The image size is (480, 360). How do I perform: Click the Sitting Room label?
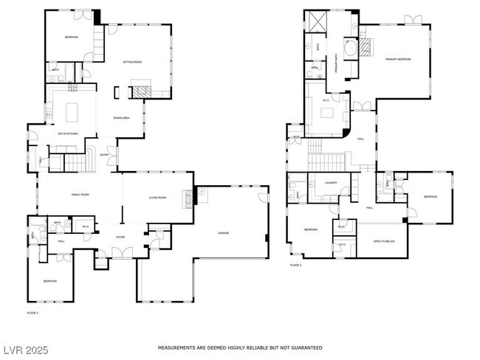click(133, 63)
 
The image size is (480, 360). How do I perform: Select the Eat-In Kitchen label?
click(68, 134)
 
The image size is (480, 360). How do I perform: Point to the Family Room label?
click(80, 194)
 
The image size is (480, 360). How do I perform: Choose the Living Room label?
click(157, 198)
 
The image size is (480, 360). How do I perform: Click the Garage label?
click(223, 233)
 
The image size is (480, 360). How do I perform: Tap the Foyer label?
click(120, 237)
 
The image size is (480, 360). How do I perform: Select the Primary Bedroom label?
click(397, 59)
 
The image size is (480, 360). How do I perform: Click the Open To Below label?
click(383, 241)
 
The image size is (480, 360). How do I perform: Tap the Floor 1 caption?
click(32, 314)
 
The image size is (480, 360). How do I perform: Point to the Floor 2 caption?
click(295, 264)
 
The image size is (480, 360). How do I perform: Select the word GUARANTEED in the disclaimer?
click(305, 347)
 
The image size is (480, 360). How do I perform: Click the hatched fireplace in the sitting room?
click(140, 91)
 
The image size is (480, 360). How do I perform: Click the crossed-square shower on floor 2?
click(318, 21)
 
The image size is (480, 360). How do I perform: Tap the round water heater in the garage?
click(202, 193)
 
